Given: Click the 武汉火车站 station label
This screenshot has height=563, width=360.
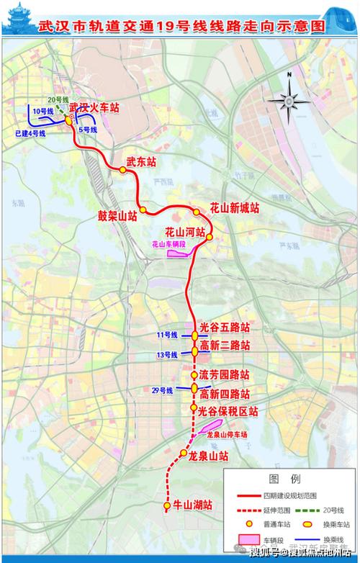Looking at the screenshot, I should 99,108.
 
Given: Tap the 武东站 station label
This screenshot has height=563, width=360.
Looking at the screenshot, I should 141,163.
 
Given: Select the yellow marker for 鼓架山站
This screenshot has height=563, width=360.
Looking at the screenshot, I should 143,210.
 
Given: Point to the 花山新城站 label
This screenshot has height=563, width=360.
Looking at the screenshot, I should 234,207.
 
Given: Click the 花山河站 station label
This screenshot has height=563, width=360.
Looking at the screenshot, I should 185,233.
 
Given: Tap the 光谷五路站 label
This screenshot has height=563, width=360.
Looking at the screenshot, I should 225,327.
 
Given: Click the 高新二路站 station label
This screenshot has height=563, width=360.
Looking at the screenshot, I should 225,346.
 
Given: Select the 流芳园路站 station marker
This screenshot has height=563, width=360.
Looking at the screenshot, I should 194,376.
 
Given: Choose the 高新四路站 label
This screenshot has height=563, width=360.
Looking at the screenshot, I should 225,394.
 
